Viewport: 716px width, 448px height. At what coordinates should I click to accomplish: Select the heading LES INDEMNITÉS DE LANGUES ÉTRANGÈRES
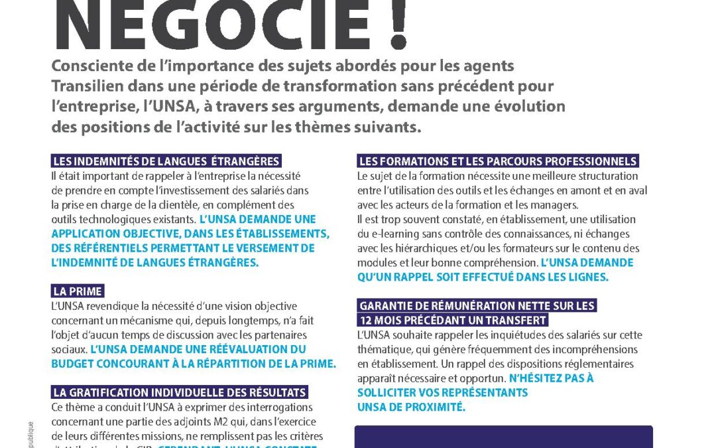(x=166, y=161)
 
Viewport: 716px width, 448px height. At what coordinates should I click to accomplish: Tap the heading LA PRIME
(x=78, y=291)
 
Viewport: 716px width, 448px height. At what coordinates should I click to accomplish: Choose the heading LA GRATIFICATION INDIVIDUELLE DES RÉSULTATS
(x=179, y=392)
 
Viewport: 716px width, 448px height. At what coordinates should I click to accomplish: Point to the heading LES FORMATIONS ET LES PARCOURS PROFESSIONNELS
(x=498, y=161)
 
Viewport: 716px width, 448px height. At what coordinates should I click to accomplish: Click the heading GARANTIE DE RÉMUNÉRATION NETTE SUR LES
(x=477, y=306)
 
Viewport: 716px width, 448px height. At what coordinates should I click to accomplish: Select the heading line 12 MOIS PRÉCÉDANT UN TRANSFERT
(x=453, y=321)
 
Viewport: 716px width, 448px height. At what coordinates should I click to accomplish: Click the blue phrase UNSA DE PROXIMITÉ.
(x=411, y=407)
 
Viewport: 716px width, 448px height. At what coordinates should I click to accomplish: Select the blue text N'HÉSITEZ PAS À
(x=551, y=378)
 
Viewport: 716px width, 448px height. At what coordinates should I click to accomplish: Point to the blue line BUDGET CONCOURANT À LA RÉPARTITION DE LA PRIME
(x=194, y=363)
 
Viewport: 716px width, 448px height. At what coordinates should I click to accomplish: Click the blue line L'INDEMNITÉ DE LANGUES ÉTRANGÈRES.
(x=154, y=262)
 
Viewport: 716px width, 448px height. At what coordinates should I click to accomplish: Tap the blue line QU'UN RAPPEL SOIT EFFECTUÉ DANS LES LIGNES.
(x=483, y=277)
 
